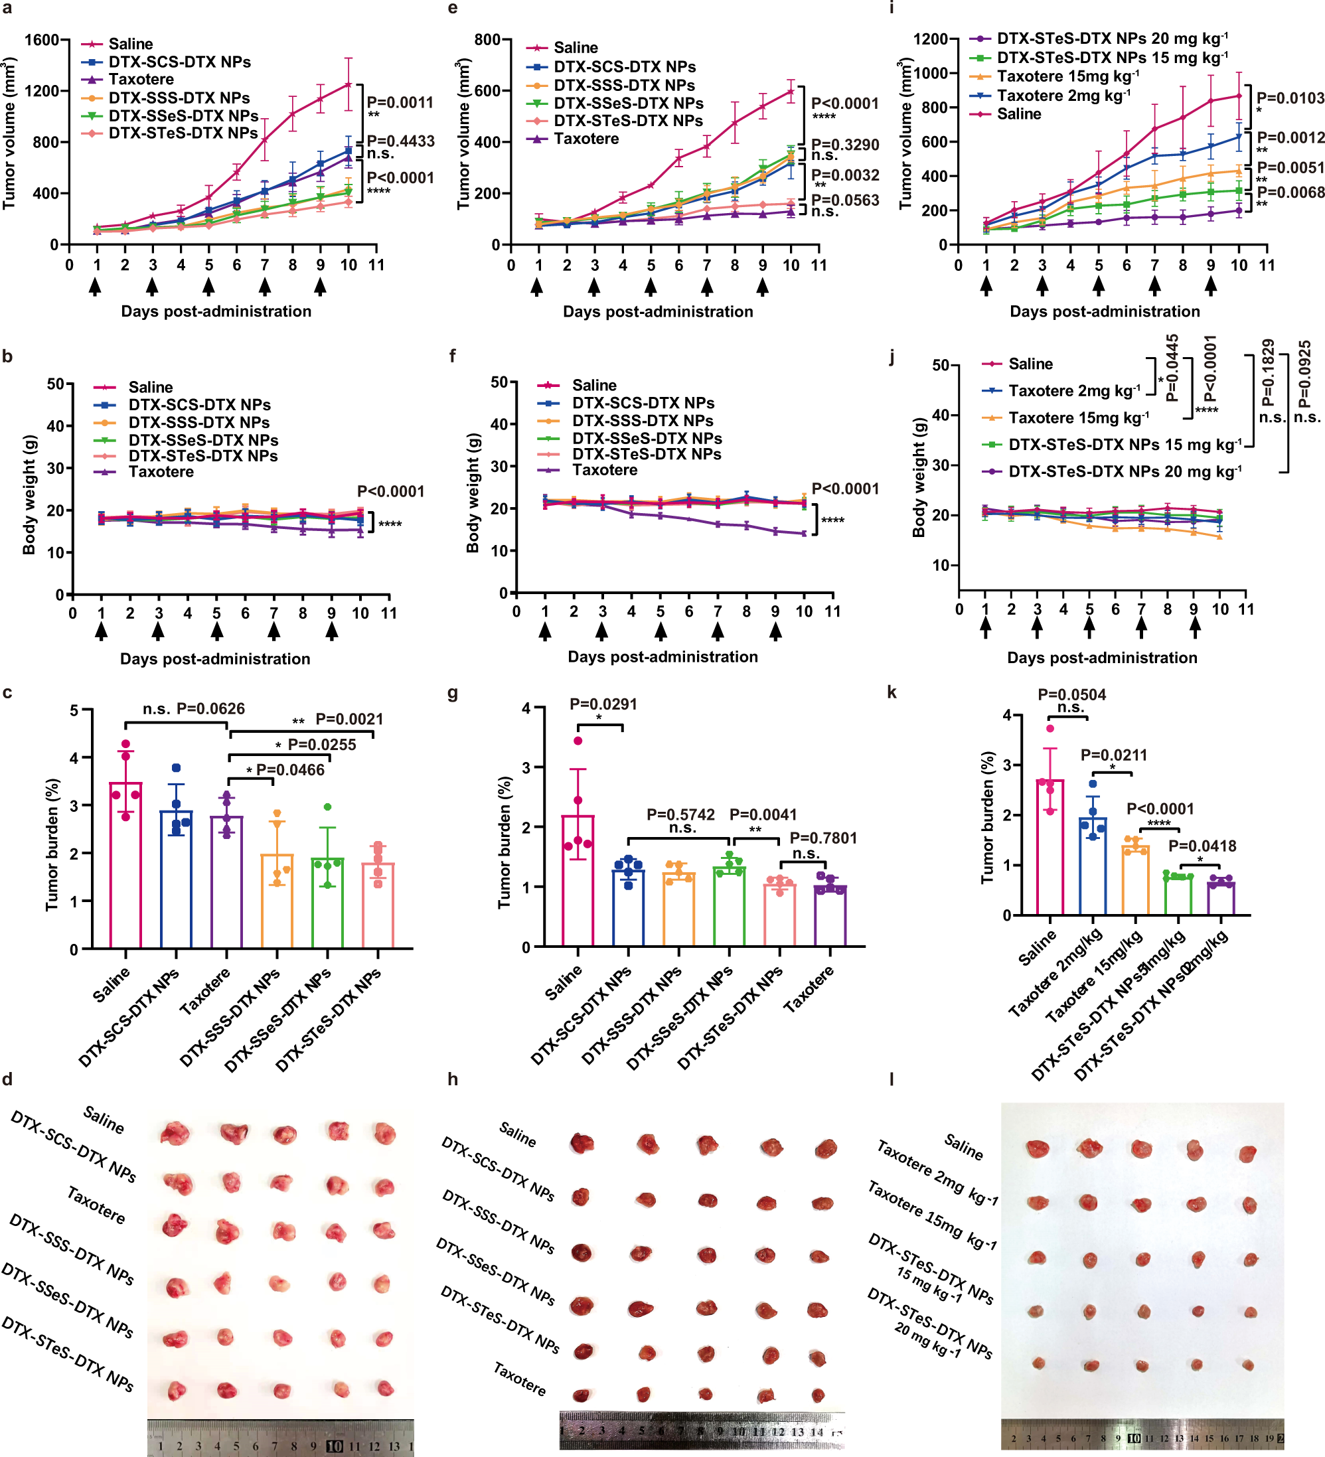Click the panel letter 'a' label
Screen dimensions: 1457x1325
pyautogui.click(x=7, y=9)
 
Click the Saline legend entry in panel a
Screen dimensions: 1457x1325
pyautogui.click(x=130, y=44)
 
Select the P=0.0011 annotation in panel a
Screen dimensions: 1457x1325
pyautogui.click(x=400, y=103)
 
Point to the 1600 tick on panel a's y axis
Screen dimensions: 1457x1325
pyautogui.click(x=41, y=40)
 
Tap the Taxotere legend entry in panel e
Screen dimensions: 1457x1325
pyautogui.click(x=585, y=139)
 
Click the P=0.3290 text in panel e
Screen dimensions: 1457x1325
pyautogui.click(x=844, y=145)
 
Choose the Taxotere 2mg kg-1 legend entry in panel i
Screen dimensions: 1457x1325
pyautogui.click(x=1063, y=96)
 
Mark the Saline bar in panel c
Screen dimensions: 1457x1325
pyautogui.click(x=125, y=864)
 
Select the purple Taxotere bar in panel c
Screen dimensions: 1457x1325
pyautogui.click(x=227, y=881)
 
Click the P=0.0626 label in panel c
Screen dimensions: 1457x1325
pyautogui.click(x=210, y=709)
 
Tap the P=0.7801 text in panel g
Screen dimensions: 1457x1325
pyautogui.click(x=822, y=838)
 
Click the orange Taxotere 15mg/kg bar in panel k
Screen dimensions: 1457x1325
pyautogui.click(x=1135, y=880)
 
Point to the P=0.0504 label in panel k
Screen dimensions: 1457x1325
pyautogui.click(x=1071, y=695)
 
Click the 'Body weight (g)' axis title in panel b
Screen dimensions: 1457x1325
pyautogui.click(x=29, y=495)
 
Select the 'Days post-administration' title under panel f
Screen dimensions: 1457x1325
pyautogui.click(x=662, y=657)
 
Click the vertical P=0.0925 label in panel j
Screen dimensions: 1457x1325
pyautogui.click(x=1303, y=374)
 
